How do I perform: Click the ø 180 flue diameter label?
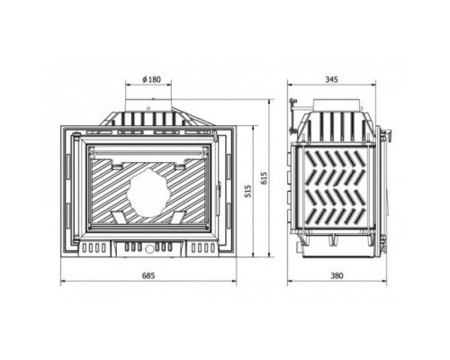[x=151, y=79]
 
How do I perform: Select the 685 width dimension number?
[x=148, y=275]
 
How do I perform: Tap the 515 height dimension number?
[x=247, y=191]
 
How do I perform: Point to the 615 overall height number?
[x=264, y=178]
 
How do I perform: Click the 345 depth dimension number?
[x=331, y=79]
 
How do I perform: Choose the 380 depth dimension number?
[x=337, y=275]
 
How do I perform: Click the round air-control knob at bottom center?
[x=148, y=248]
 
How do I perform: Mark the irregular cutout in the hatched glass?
[x=148, y=193]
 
